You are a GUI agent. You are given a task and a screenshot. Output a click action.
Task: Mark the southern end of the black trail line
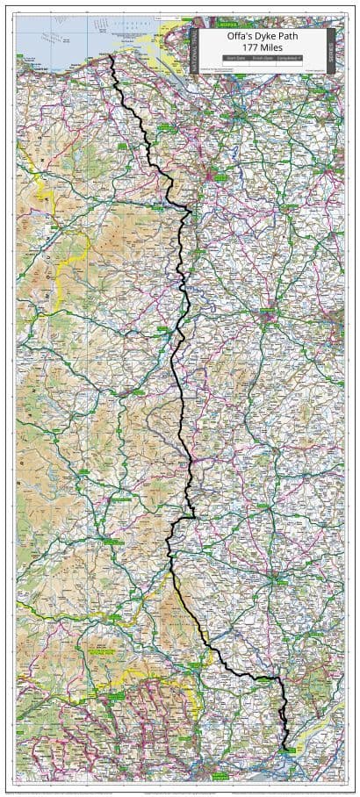[285, 749]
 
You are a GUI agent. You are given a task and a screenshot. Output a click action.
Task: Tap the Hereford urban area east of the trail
[277, 580]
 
